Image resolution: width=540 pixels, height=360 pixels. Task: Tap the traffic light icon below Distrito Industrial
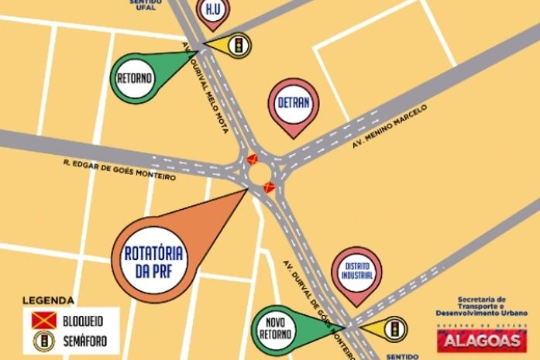pos(396,328)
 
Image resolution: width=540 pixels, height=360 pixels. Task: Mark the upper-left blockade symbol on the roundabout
pos(251,159)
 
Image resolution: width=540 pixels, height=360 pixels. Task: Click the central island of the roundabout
pos(260,171)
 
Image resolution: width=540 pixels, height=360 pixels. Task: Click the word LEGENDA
pos(48,300)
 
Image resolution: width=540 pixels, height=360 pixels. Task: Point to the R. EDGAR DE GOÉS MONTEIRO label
pos(120,170)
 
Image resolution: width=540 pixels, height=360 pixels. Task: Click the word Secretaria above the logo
pos(480,299)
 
